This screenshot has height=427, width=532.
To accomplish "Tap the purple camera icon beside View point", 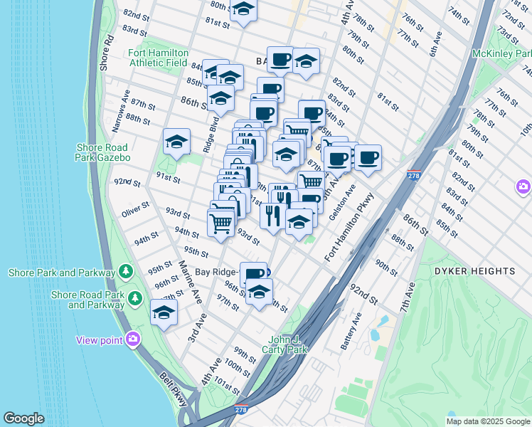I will tap(132, 339).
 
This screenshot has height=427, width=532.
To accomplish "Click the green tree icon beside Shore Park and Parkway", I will tap(126, 272).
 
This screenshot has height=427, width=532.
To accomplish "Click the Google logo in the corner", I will tap(23, 418).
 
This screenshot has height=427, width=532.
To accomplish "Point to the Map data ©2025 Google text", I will tap(487, 421).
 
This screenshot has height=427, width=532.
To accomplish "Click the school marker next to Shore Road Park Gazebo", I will tap(176, 142).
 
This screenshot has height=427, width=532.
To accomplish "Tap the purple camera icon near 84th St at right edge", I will tap(523, 186).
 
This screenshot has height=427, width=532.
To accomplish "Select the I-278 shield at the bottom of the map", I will tap(241, 411).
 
